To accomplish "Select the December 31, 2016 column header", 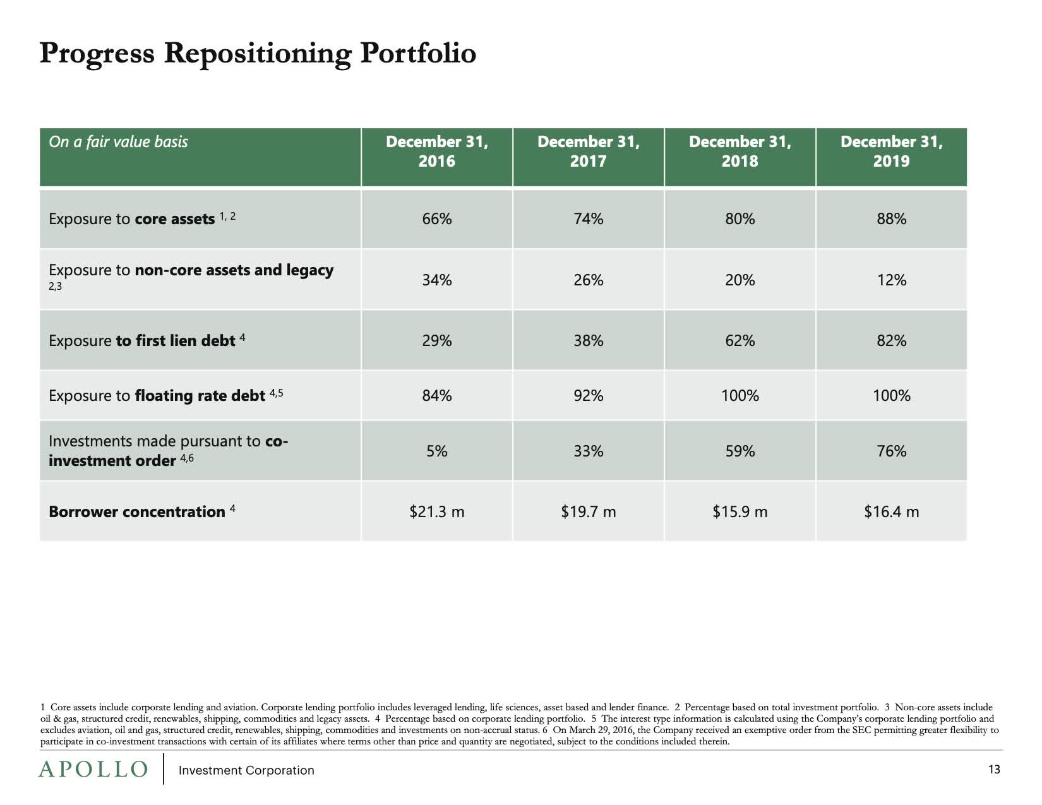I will coord(437,152).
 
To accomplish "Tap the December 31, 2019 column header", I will coord(891,152).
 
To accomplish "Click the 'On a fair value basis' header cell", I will coord(118,141).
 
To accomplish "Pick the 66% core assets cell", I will coord(437,219).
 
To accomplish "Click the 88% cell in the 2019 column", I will coord(891,219).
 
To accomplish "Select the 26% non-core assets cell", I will coord(588,280).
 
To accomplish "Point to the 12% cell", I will coord(891,280).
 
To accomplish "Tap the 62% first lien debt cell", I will coord(740,341).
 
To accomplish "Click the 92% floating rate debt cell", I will coord(588,396).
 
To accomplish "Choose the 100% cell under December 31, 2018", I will coord(740,396).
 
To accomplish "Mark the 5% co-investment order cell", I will coord(437,451).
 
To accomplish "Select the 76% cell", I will coord(891,451).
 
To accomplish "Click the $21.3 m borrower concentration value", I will coord(437,511).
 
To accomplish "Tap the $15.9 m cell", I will coord(740,511).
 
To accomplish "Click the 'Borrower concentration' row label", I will coord(137,511).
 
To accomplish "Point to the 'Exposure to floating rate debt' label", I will coord(157,396).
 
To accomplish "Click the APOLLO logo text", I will coord(93,769).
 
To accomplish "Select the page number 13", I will coord(994,769).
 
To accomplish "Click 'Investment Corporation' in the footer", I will coord(246,770).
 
